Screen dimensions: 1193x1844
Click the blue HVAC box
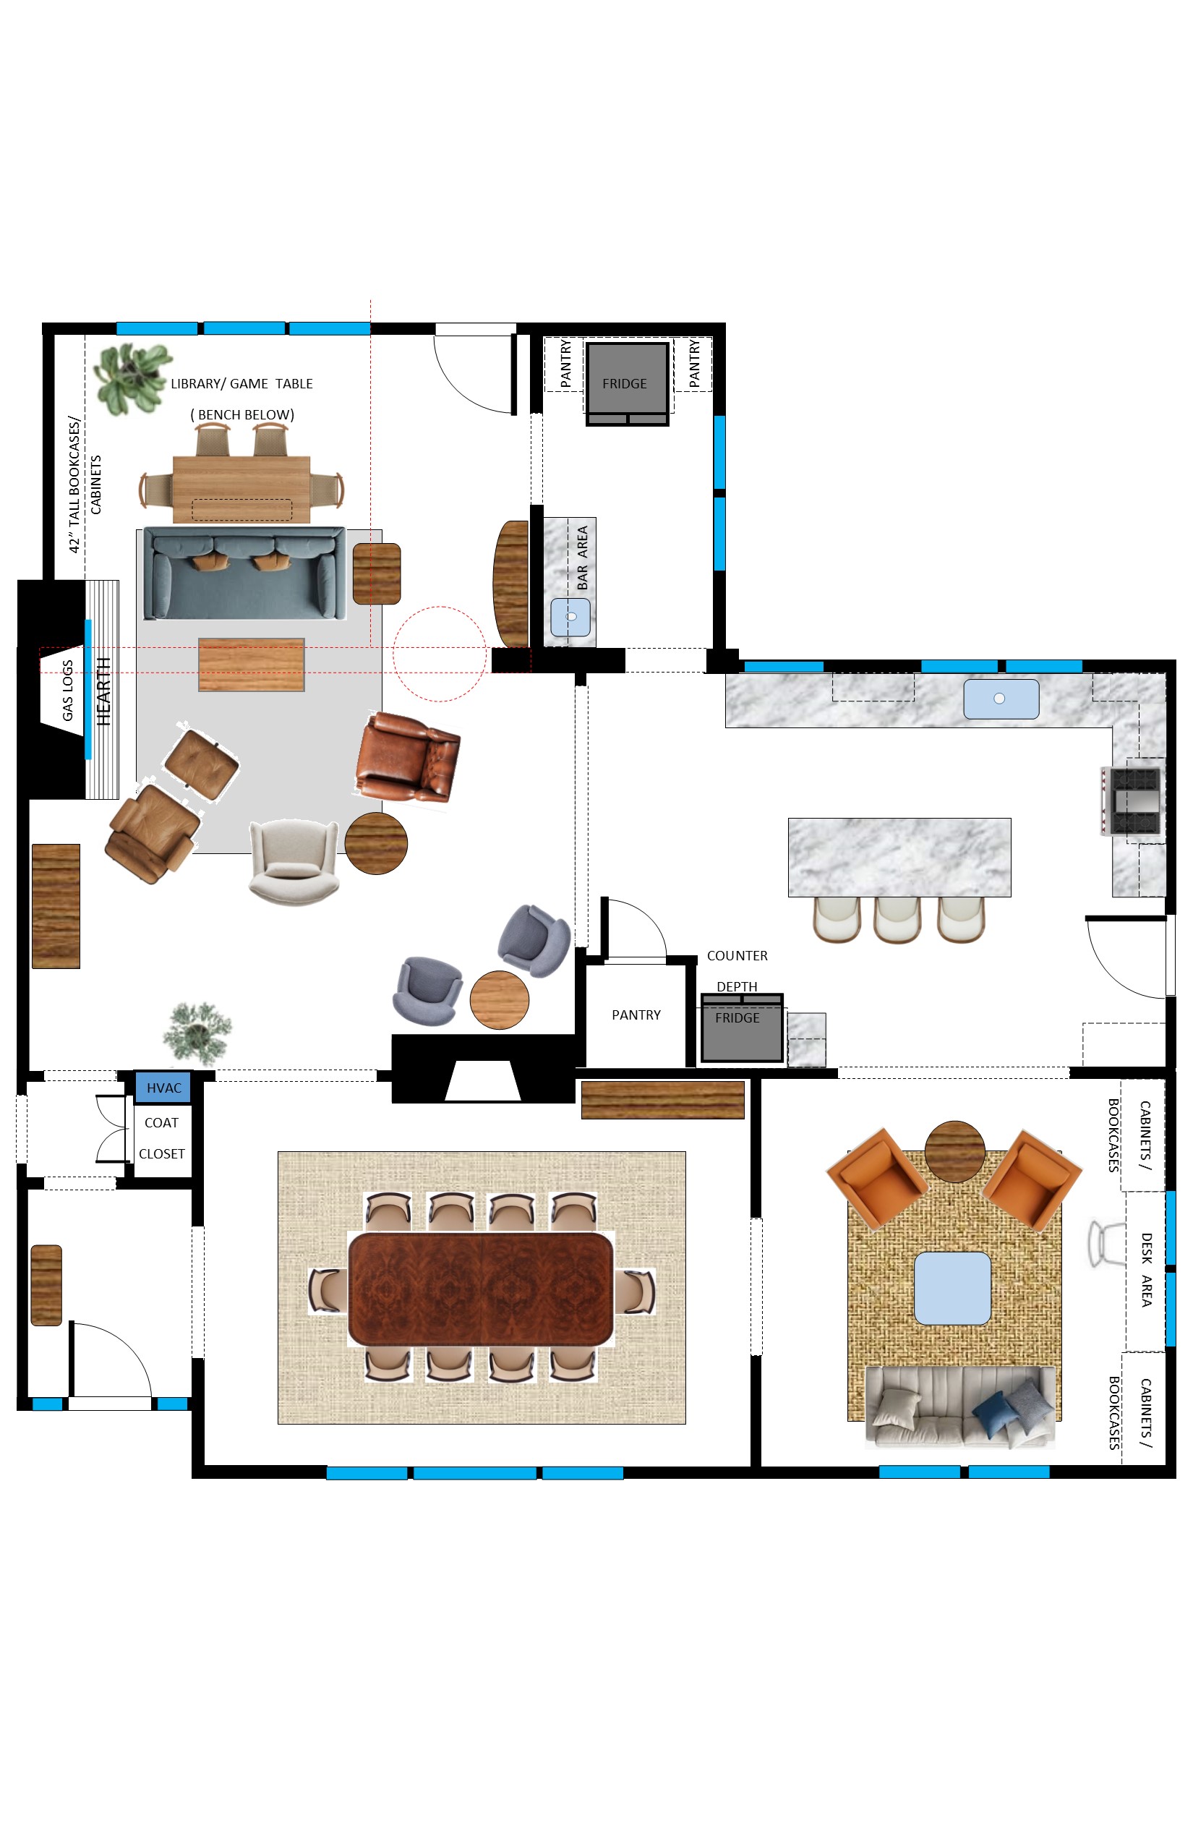click(163, 1088)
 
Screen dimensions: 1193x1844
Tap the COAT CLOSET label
click(162, 1138)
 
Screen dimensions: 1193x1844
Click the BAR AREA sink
click(571, 618)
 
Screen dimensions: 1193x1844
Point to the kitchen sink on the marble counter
click(1001, 699)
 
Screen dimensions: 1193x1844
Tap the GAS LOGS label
click(67, 691)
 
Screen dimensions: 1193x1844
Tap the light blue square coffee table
click(953, 1289)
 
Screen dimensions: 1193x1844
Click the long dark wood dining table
click(481, 1289)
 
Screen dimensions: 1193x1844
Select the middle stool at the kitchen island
click(897, 920)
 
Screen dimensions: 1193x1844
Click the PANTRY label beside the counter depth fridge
click(636, 1015)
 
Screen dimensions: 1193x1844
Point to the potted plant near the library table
click(131, 379)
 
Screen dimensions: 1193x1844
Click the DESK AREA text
click(1147, 1270)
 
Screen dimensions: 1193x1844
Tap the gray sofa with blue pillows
click(961, 1407)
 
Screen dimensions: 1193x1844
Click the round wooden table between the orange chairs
click(955, 1151)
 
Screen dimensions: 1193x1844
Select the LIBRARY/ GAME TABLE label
click(241, 383)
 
